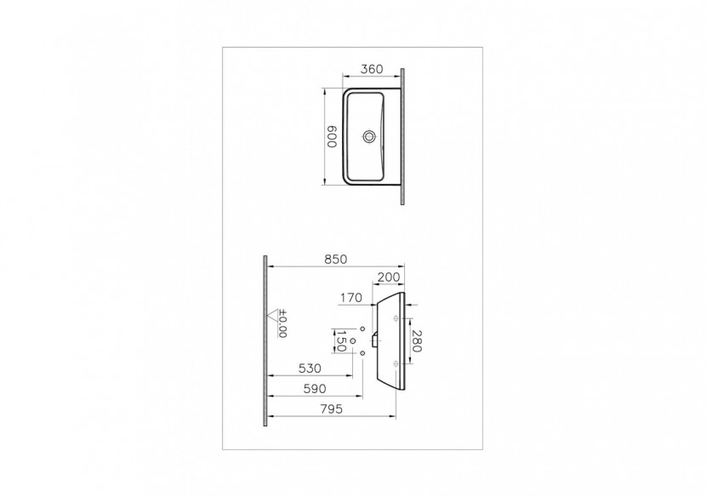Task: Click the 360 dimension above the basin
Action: point(372,69)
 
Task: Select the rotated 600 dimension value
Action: point(332,136)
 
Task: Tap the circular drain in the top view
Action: point(370,136)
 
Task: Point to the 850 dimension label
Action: point(336,260)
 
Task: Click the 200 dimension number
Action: point(389,277)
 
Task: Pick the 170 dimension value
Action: point(350,298)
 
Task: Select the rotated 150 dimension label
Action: point(341,341)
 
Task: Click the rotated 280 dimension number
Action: point(417,341)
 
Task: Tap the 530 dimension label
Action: point(310,368)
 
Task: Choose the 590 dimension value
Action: point(315,388)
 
